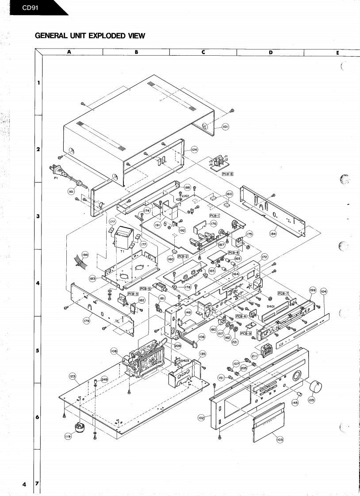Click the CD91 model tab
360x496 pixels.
[x=31, y=8]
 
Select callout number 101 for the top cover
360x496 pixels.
[x=225, y=127]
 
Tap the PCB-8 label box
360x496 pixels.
[x=227, y=174]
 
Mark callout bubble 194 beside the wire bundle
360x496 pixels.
[x=85, y=255]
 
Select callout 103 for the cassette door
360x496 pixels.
[x=279, y=440]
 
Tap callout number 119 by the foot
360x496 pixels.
[x=68, y=437]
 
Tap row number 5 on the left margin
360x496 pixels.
[x=38, y=351]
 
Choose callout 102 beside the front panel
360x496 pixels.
[x=201, y=417]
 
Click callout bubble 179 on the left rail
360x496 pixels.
[x=87, y=320]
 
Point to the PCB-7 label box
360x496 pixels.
[x=283, y=293]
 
